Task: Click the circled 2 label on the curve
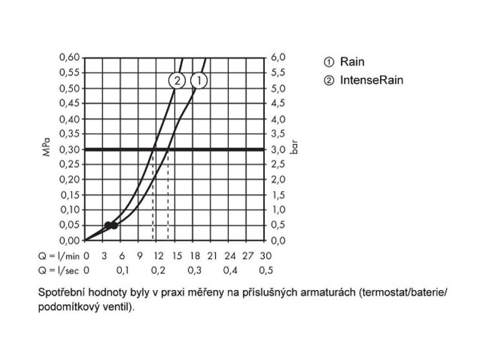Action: (x=177, y=81)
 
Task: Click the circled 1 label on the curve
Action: (x=199, y=81)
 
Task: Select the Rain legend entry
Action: (x=352, y=61)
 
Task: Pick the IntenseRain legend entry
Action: (x=371, y=80)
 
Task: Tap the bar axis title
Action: (x=295, y=150)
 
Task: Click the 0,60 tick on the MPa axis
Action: (x=70, y=58)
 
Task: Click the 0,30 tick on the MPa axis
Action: (x=70, y=149)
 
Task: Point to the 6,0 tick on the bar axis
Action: (x=278, y=58)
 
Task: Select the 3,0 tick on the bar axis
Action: (x=278, y=150)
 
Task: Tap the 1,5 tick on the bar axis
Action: (x=278, y=195)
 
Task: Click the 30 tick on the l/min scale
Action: (x=266, y=256)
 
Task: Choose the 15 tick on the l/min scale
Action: (x=177, y=256)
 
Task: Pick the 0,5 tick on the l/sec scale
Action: (x=266, y=270)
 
